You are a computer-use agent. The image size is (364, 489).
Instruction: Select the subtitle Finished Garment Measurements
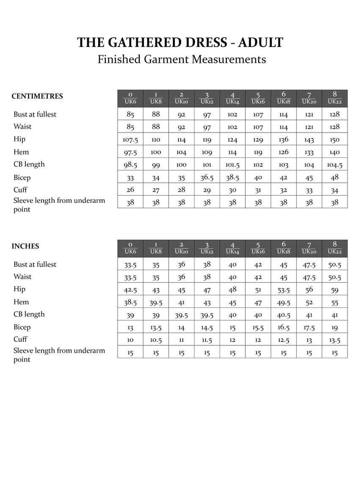click(182, 59)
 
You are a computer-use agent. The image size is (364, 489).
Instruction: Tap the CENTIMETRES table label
click(37, 96)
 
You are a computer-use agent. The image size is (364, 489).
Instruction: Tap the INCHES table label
click(25, 246)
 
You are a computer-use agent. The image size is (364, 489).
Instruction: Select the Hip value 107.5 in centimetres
click(130, 140)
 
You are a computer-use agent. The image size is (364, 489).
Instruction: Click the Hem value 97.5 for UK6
click(130, 152)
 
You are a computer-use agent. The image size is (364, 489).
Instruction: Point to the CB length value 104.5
click(334, 165)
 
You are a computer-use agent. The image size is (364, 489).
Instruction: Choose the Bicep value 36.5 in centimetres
click(207, 177)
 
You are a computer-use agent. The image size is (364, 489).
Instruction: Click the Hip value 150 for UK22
click(334, 140)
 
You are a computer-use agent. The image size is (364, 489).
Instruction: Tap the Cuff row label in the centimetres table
click(20, 190)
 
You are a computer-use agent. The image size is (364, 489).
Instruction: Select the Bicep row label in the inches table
click(22, 327)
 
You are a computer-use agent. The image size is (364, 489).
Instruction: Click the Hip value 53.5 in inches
click(284, 290)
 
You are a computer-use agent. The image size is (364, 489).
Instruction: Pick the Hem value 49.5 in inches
click(284, 302)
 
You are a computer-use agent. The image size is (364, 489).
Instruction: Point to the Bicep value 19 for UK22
click(334, 327)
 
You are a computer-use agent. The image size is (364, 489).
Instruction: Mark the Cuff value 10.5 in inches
click(156, 340)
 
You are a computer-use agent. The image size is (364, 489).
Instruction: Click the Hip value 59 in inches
click(334, 290)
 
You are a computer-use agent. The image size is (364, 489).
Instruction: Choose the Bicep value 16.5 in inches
click(284, 327)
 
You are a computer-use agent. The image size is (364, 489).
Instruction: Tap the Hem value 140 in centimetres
click(334, 152)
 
